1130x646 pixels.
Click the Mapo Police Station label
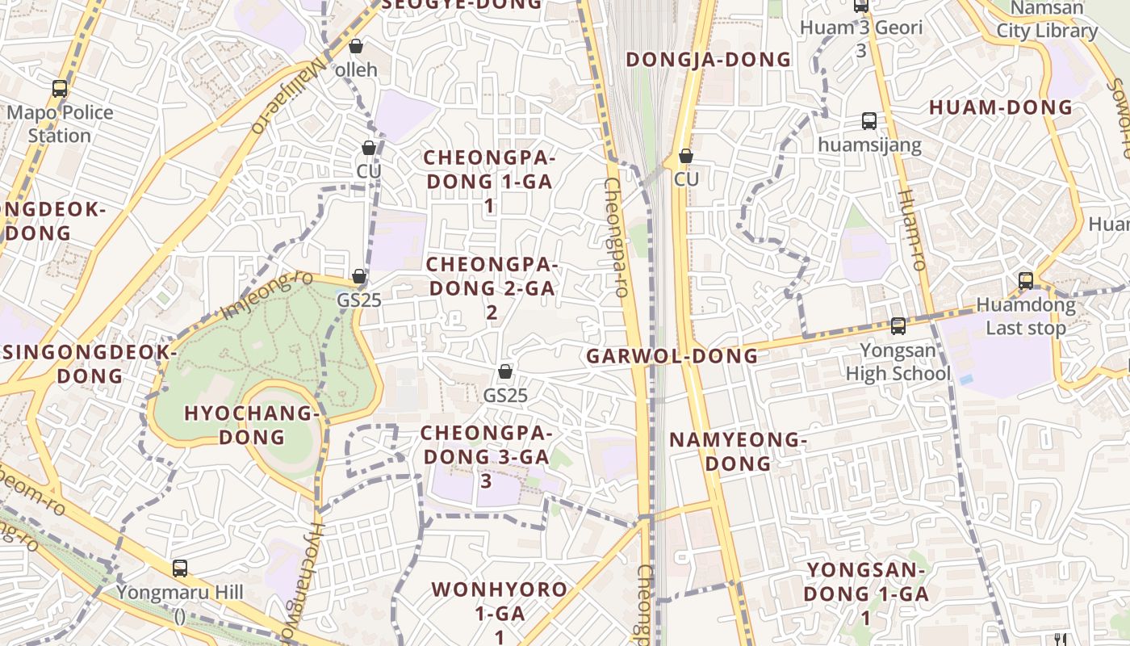pyautogui.click(x=60, y=124)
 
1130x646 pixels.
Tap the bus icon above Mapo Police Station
pyautogui.click(x=60, y=89)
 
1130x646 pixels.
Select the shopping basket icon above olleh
pyautogui.click(x=355, y=47)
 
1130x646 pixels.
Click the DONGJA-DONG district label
pyautogui.click(x=709, y=60)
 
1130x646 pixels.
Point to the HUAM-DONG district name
pyautogui.click(x=1001, y=107)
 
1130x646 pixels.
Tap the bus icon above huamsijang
pyautogui.click(x=869, y=121)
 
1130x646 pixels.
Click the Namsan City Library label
pyautogui.click(x=1047, y=20)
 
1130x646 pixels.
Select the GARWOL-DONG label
pyautogui.click(x=672, y=356)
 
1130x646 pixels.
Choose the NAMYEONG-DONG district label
pyautogui.click(x=738, y=451)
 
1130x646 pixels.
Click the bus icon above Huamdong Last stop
pyautogui.click(x=1026, y=281)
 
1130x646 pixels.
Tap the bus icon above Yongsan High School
pyautogui.click(x=898, y=326)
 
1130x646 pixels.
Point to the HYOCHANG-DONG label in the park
pyautogui.click(x=253, y=425)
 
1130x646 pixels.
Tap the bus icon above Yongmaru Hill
pyautogui.click(x=180, y=568)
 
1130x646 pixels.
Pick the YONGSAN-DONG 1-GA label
pyautogui.click(x=867, y=594)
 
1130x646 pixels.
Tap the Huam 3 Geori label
pyautogui.click(x=861, y=38)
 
